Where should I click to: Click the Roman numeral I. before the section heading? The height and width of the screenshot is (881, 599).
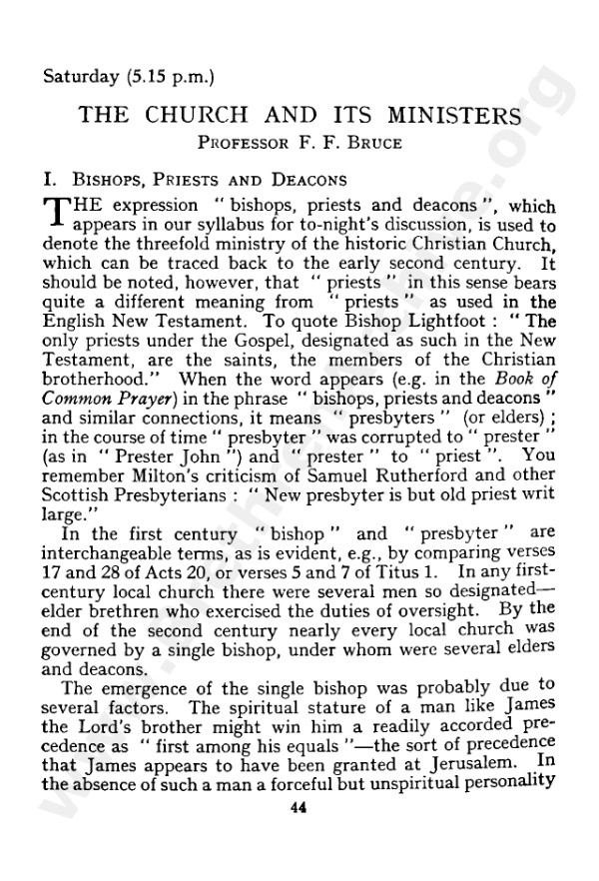[x=40, y=181]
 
